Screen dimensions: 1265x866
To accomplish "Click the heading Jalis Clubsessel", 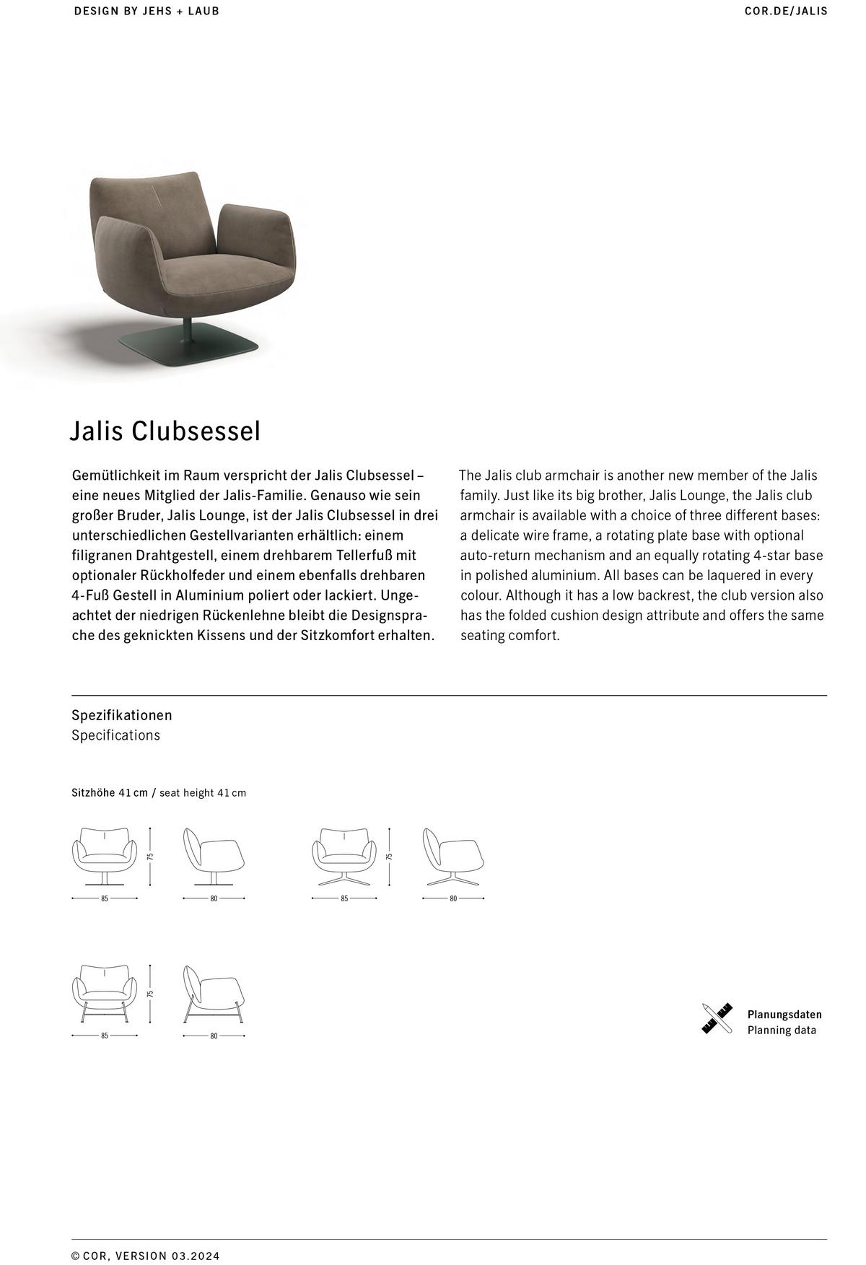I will tap(165, 432).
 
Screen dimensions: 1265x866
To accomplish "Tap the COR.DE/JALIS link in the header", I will tap(786, 11).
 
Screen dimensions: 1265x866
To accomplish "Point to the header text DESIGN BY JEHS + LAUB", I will tap(146, 11).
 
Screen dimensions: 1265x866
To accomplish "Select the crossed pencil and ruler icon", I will tap(717, 1018).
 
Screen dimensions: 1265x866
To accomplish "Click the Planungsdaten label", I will tap(784, 1014).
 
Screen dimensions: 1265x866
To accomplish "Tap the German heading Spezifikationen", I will tap(121, 715).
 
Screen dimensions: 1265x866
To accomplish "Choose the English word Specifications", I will tap(115, 735).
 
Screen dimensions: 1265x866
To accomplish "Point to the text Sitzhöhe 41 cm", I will tap(109, 792).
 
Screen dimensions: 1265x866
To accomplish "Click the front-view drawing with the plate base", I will tap(105, 856).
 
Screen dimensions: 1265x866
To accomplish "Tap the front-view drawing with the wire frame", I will tap(105, 994).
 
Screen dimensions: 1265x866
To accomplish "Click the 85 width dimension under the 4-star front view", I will tap(344, 898).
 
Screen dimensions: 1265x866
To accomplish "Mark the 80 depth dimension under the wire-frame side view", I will tap(214, 1036).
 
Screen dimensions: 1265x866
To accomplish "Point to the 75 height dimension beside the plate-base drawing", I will tap(151, 857).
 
